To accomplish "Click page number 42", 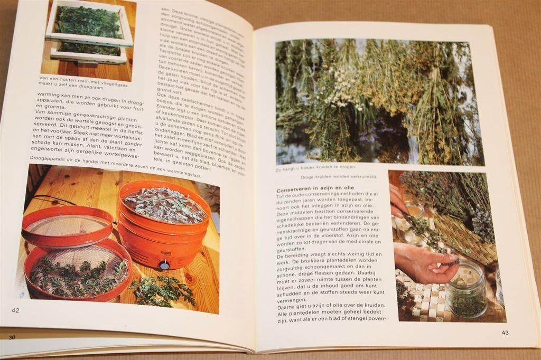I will pos(15,310).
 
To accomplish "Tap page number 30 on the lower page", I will pos(11,337).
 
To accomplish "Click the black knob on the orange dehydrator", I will pos(164,266).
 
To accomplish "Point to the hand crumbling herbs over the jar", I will pos(423,261).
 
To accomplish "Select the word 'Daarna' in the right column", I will pos(287,305).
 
